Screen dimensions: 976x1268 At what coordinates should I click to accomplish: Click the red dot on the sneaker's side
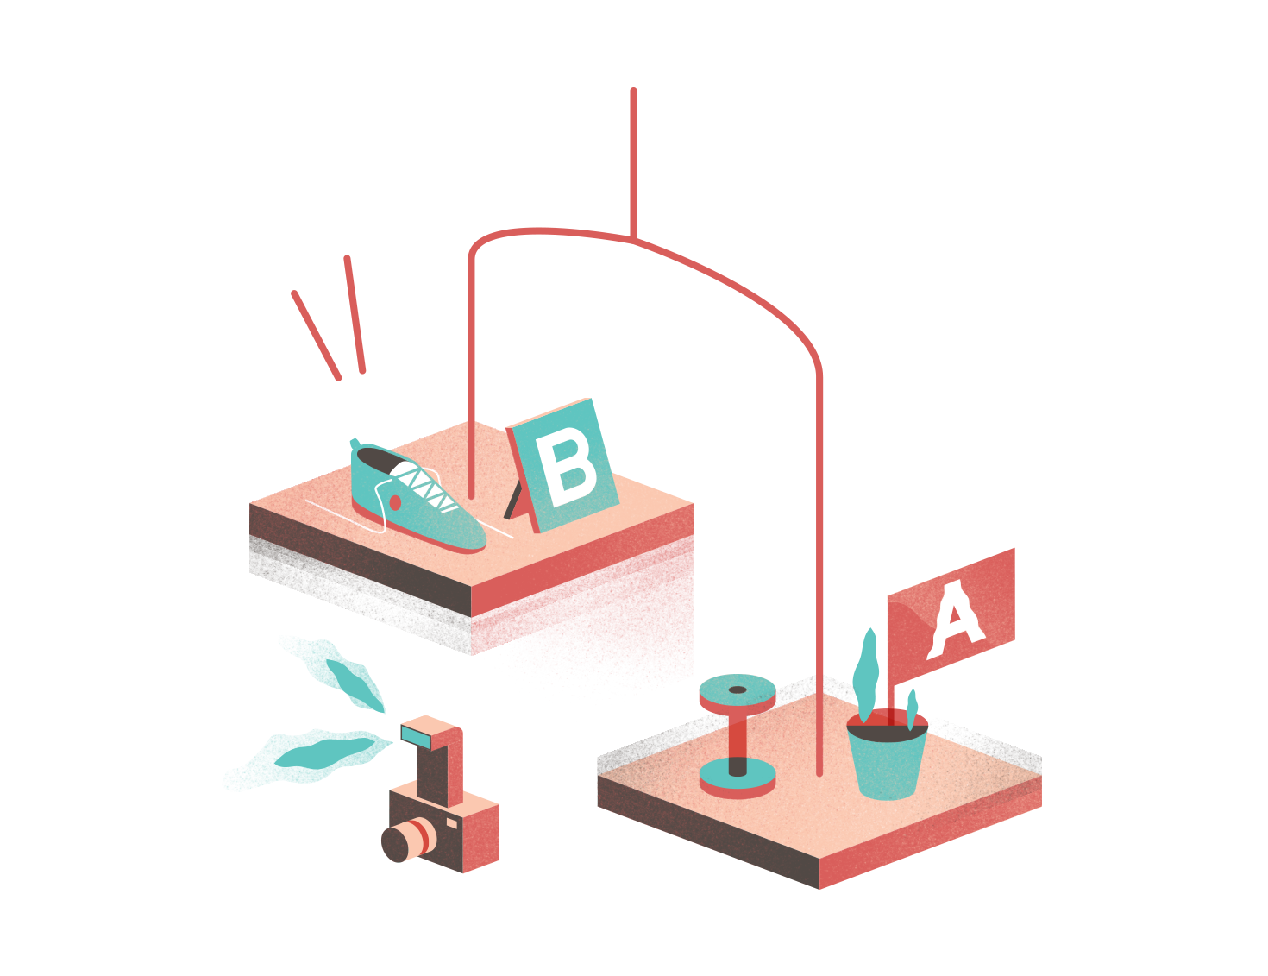coord(395,501)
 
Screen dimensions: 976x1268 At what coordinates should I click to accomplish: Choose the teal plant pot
coord(887,764)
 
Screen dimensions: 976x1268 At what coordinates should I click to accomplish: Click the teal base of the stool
coord(738,780)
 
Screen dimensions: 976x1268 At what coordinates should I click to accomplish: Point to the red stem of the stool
coord(738,738)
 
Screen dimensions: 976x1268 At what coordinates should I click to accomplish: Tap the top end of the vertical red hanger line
coord(633,91)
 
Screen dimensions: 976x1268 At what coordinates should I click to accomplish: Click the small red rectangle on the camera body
coord(451,822)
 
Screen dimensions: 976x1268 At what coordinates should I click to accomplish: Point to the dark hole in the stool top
coord(738,689)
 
